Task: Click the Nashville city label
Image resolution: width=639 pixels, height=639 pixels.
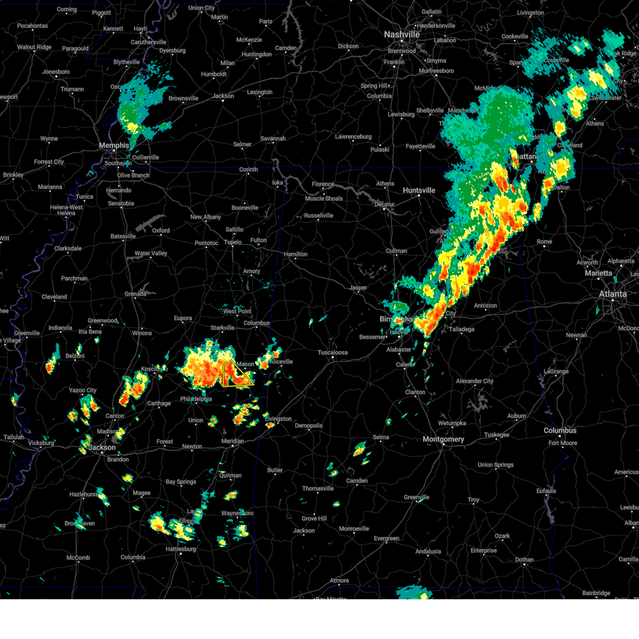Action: coord(402,35)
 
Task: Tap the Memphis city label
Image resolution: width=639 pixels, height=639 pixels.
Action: coord(114,145)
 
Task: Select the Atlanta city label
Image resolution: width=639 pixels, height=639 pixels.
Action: coord(613,294)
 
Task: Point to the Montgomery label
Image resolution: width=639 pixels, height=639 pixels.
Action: coord(443,439)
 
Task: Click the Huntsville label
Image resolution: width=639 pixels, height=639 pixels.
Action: coord(419,191)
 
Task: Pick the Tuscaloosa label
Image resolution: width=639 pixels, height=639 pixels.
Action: coord(333,353)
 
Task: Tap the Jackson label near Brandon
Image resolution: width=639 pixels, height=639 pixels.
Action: coord(102,447)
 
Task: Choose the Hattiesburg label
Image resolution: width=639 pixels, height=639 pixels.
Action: coord(181,549)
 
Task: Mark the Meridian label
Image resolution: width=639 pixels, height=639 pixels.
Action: coord(233,441)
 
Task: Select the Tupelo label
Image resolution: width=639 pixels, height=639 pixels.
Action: coord(232,242)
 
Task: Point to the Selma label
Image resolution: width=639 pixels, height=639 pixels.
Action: coord(381,437)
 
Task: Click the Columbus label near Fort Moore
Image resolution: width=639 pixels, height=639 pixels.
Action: coord(560,430)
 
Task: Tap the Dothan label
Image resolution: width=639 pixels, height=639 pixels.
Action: coord(525,560)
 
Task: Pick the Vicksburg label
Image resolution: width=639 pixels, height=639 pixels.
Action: coord(41,443)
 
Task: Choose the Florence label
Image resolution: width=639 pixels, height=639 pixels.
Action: coord(323,184)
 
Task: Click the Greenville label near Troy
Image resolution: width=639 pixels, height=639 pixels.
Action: coord(416,497)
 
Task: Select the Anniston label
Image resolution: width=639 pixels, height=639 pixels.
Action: coord(485,306)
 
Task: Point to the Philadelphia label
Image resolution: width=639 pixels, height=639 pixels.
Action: coord(196,399)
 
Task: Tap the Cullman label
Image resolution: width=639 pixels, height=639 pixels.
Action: coord(396,251)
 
